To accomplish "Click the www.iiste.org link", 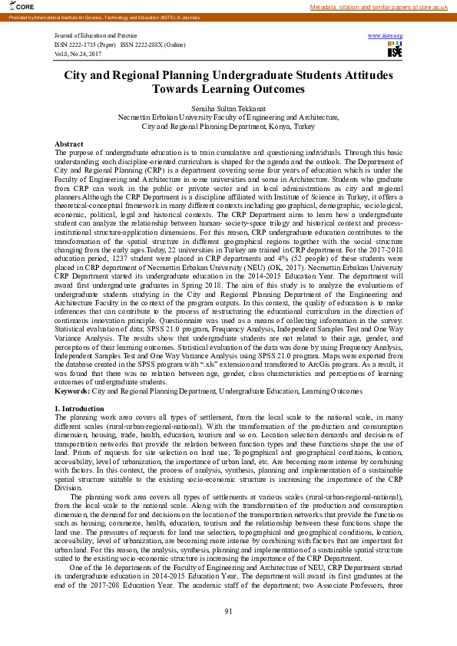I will pos(386,36).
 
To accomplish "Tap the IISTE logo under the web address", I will pos(395,51).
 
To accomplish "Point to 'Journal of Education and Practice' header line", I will pos(90,36).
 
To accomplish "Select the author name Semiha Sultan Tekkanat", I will pos(228,109).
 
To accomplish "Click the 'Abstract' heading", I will pos(69,144).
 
